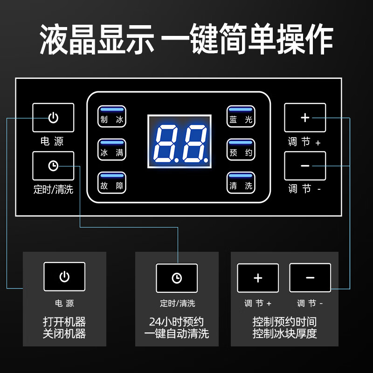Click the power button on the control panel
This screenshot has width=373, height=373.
(53, 117)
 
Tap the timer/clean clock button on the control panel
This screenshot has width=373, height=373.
(53, 166)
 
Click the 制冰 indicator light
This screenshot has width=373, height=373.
(112, 116)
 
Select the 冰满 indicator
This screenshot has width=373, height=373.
(112, 149)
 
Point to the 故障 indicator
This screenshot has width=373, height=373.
(112, 182)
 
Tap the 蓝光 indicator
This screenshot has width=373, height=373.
(241, 116)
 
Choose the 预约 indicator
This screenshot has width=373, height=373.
(241, 149)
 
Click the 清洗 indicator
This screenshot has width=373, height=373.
(241, 182)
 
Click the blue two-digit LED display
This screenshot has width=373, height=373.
(180, 142)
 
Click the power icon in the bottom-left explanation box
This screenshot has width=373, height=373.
(64, 276)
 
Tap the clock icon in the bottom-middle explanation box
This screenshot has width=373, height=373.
(177, 278)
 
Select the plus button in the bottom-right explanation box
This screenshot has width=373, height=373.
(258, 278)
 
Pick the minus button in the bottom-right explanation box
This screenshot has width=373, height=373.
(310, 277)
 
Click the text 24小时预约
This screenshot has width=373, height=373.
(176, 322)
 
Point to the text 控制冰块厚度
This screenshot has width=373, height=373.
(284, 333)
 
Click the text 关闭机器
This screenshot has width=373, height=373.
(64, 333)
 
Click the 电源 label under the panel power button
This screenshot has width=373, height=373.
(52, 141)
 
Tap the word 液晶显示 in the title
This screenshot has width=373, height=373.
(97, 39)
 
